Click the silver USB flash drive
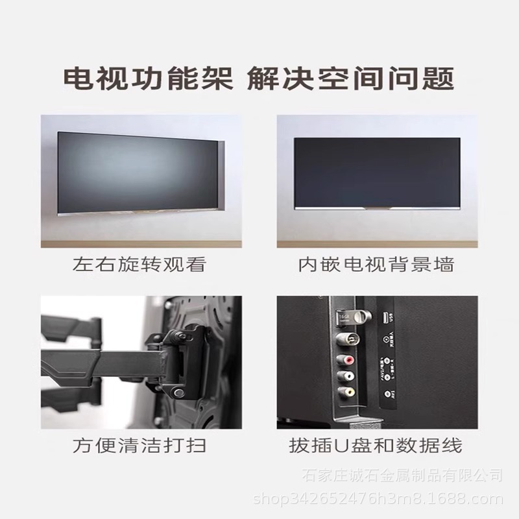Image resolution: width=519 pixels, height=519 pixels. (342, 317)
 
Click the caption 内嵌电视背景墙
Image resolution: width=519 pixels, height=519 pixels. (376, 265)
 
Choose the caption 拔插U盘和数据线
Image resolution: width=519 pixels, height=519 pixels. (376, 446)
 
